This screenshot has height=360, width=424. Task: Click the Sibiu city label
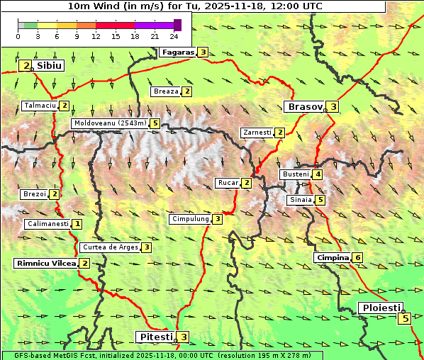coord(50,65)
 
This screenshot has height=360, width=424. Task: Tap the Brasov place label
coord(303,107)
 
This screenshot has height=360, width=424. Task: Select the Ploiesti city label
coord(381,308)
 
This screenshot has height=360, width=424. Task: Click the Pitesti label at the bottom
coord(155,337)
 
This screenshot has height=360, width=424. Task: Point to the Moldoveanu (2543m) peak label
coord(110,123)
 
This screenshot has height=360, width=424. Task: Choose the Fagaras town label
coord(178,52)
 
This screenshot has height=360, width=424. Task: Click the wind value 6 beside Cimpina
coord(358,257)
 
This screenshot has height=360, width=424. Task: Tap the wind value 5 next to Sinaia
coord(320,200)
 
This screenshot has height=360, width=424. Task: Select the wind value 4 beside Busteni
coord(318,174)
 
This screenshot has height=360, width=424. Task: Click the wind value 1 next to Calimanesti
coord(77,224)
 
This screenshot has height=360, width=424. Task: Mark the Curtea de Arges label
coord(109,247)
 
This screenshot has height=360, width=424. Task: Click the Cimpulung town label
coord(190,219)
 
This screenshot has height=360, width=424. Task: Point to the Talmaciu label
coord(40,106)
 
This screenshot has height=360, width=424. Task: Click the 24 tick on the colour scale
coord(174,36)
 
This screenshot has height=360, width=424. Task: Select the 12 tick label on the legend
coord(96,36)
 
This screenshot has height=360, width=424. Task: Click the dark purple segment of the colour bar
coord(177,25)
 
